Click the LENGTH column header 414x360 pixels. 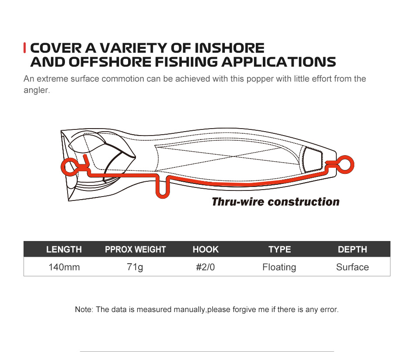64,249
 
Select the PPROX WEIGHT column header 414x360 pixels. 135,249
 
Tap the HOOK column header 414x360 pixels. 206,249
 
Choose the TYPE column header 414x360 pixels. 280,249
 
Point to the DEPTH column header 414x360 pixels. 353,249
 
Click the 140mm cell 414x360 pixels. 64,267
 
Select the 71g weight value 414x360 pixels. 135,267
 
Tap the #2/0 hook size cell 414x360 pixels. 205,267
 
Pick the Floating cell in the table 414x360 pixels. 279,267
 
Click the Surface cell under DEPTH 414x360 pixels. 353,267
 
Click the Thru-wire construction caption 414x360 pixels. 275,202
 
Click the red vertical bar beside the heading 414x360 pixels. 24,48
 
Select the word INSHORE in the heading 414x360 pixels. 229,48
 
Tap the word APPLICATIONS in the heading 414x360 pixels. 278,62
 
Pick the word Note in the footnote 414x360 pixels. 84,309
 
